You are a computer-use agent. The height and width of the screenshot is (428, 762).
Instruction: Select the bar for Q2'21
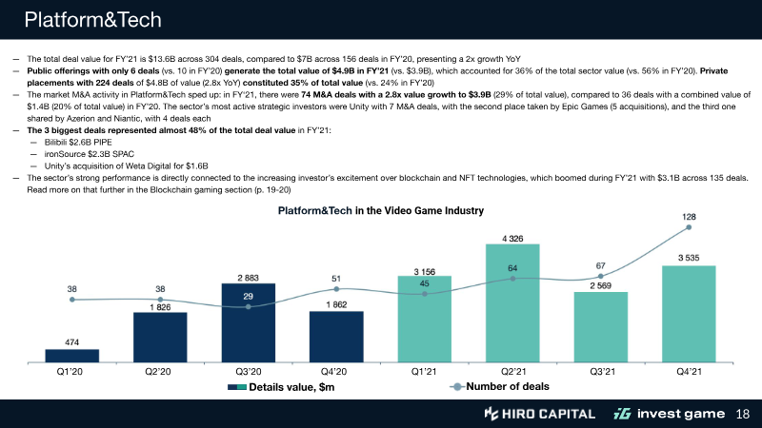coord(511,303)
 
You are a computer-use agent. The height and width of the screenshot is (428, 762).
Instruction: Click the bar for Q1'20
coord(71,356)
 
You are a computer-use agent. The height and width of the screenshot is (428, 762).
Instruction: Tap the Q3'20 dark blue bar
coord(248,323)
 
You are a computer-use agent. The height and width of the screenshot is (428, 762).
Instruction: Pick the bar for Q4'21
coord(688,314)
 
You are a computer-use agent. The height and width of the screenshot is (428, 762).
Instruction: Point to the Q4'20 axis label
coord(335,372)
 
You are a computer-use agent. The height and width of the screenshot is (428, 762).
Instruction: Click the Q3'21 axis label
coord(600,372)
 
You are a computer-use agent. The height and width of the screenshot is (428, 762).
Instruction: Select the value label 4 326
coord(511,238)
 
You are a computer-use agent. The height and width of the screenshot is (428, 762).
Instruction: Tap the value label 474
coord(71,341)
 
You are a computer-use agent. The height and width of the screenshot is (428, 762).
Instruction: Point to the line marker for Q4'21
coord(688,227)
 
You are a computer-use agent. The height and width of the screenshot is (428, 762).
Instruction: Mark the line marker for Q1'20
coord(71,301)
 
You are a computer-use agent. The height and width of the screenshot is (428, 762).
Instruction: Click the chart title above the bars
coord(380,210)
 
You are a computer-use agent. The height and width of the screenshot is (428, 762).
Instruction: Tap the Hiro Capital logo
coord(539,414)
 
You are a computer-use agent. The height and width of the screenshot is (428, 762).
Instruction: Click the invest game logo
coord(671,414)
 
